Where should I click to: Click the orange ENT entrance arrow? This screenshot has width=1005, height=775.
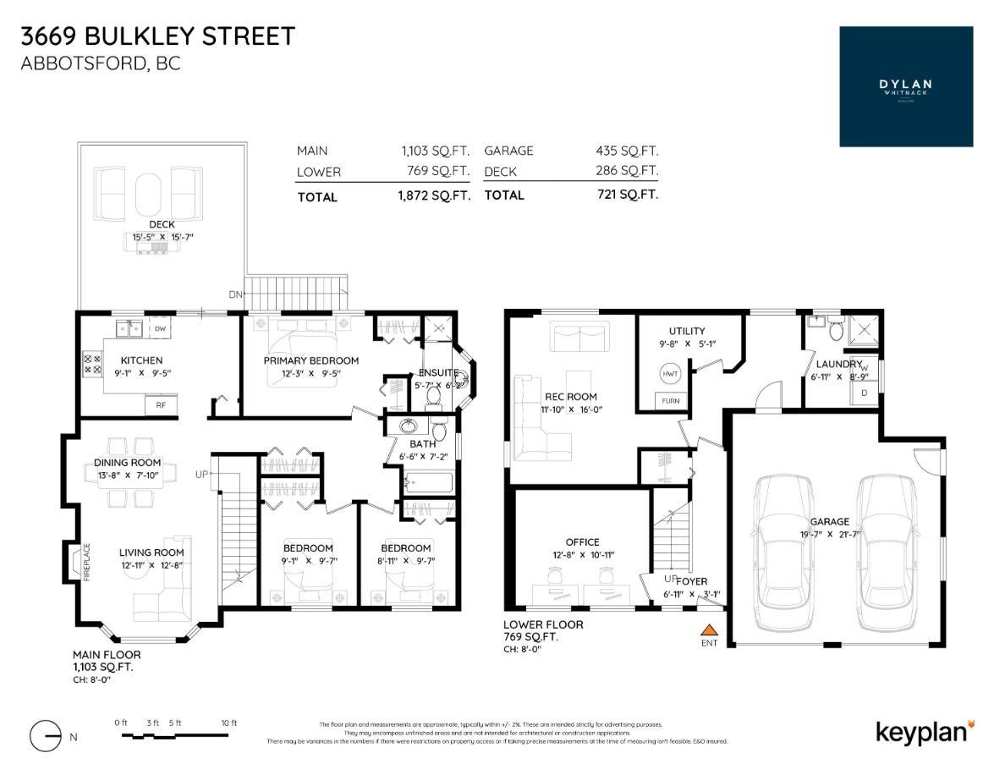tap(709, 629)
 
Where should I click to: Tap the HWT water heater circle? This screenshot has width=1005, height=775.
tap(670, 373)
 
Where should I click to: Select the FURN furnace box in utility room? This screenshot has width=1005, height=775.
tap(670, 401)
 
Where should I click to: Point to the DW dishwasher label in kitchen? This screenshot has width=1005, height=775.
tap(160, 327)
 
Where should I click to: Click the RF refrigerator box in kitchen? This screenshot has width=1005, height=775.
tap(160, 406)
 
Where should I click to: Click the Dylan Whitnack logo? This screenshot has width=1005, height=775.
tap(905, 86)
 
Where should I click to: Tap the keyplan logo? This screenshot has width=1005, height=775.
tap(925, 731)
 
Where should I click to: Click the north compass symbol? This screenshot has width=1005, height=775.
tap(46, 736)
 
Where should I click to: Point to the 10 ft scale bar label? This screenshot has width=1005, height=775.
tap(228, 723)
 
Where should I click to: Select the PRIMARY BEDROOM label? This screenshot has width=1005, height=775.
tap(310, 360)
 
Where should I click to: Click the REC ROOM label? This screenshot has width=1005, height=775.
tap(570, 396)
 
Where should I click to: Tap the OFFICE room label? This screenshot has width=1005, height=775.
tap(582, 542)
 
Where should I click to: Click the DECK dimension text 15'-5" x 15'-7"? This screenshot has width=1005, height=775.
tap(162, 238)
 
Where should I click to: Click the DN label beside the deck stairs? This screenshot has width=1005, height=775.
tap(234, 294)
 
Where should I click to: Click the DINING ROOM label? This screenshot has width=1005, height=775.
tap(127, 463)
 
